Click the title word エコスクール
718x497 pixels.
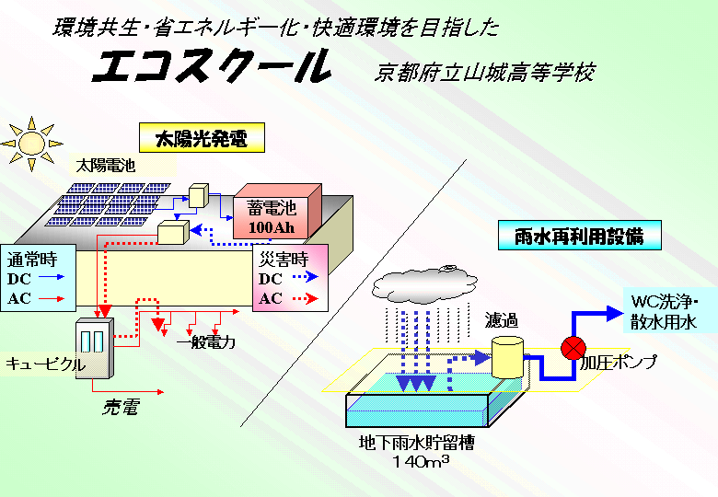[213, 66]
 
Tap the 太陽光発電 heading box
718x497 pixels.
[202, 139]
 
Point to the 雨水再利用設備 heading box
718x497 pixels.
[582, 235]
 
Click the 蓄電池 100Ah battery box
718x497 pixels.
[275, 217]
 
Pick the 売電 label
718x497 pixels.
[119, 408]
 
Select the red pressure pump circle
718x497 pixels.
[573, 348]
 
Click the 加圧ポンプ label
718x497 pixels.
[619, 363]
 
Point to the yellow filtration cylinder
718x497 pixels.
[507, 355]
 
